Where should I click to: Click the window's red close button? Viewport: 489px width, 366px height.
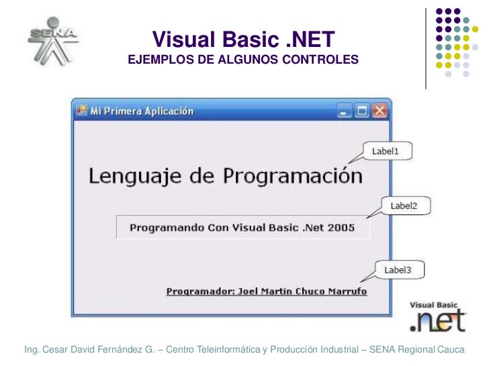380,111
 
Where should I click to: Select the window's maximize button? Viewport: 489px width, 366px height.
363,111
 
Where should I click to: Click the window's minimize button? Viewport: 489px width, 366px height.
345,111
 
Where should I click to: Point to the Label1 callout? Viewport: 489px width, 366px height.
386,151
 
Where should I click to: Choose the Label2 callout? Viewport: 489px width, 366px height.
404,206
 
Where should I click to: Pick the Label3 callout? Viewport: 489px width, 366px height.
397,270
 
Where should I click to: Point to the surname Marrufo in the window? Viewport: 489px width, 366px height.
345,292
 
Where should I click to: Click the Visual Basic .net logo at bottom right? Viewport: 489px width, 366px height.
437,316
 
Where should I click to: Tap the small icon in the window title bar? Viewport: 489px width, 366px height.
81,111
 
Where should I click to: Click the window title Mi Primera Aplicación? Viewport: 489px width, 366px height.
142,111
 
